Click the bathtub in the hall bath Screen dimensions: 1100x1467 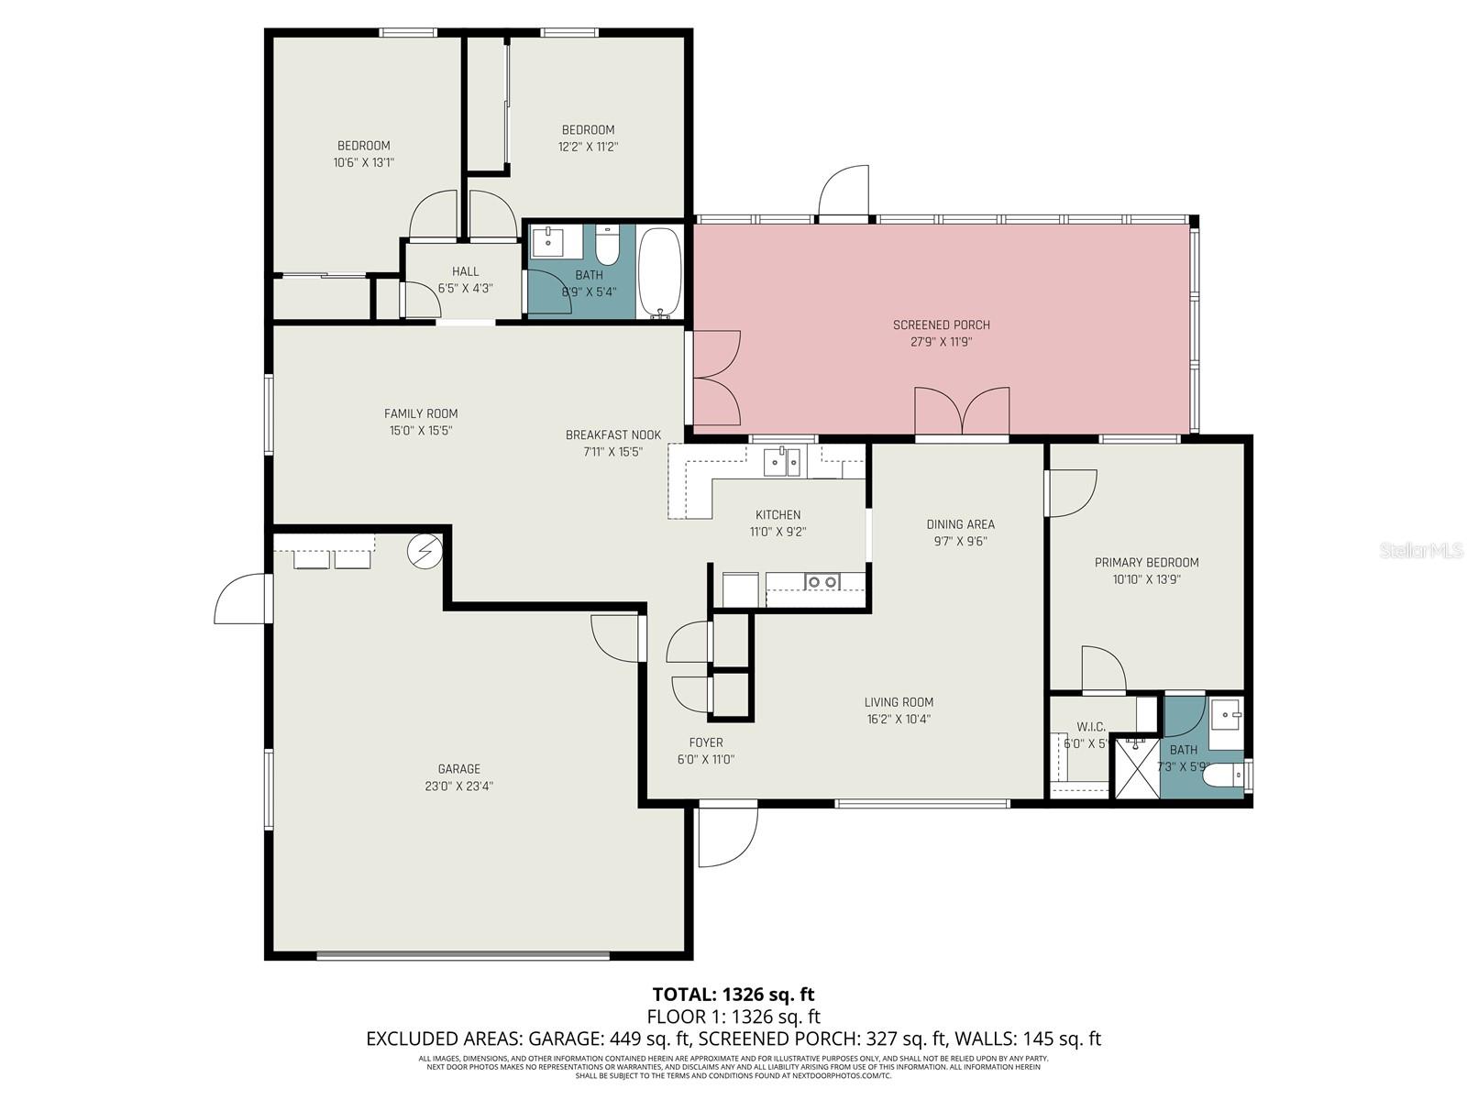tap(659, 272)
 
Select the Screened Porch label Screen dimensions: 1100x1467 tap(941, 324)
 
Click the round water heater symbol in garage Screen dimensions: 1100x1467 tap(425, 550)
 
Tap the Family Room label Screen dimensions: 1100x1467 tap(421, 413)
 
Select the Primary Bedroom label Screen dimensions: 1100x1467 tap(1146, 562)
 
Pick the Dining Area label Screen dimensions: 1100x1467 tap(960, 524)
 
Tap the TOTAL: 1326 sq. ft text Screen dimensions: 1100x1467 tap(733, 994)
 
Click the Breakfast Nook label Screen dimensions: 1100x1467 tap(612, 434)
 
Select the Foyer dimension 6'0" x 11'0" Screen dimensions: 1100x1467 tap(705, 759)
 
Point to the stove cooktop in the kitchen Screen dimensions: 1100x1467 tap(821, 581)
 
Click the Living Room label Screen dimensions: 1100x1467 tap(899, 702)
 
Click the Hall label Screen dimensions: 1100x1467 tap(465, 271)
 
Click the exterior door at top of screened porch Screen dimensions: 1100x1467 tap(844, 192)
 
